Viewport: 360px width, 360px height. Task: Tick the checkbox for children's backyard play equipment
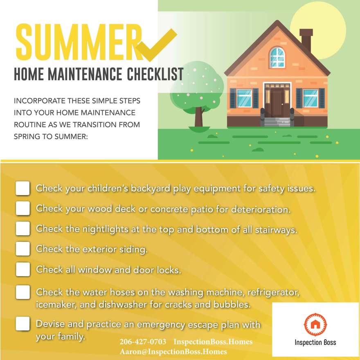coord(23,189)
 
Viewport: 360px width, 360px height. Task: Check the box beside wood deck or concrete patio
coord(23,208)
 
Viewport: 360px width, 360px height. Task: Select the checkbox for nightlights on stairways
coord(23,228)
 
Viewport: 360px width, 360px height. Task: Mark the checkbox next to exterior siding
coord(23,248)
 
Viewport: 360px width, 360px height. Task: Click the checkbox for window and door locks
coord(23,270)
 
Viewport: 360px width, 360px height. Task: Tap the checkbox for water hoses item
coord(23,292)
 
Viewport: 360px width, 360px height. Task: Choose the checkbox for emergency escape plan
coord(23,324)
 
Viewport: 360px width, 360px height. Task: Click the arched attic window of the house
coord(277,57)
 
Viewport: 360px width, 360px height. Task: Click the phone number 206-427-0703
coord(143,342)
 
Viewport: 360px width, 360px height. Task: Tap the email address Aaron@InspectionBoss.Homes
coord(173,351)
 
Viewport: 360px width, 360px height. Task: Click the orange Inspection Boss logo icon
coord(315,325)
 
